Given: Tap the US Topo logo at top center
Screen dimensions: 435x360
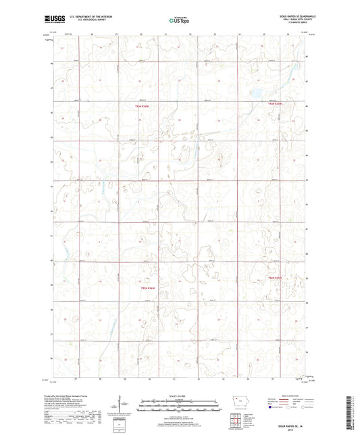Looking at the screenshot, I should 179,21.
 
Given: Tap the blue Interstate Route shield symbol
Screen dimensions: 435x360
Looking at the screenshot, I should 272,408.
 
